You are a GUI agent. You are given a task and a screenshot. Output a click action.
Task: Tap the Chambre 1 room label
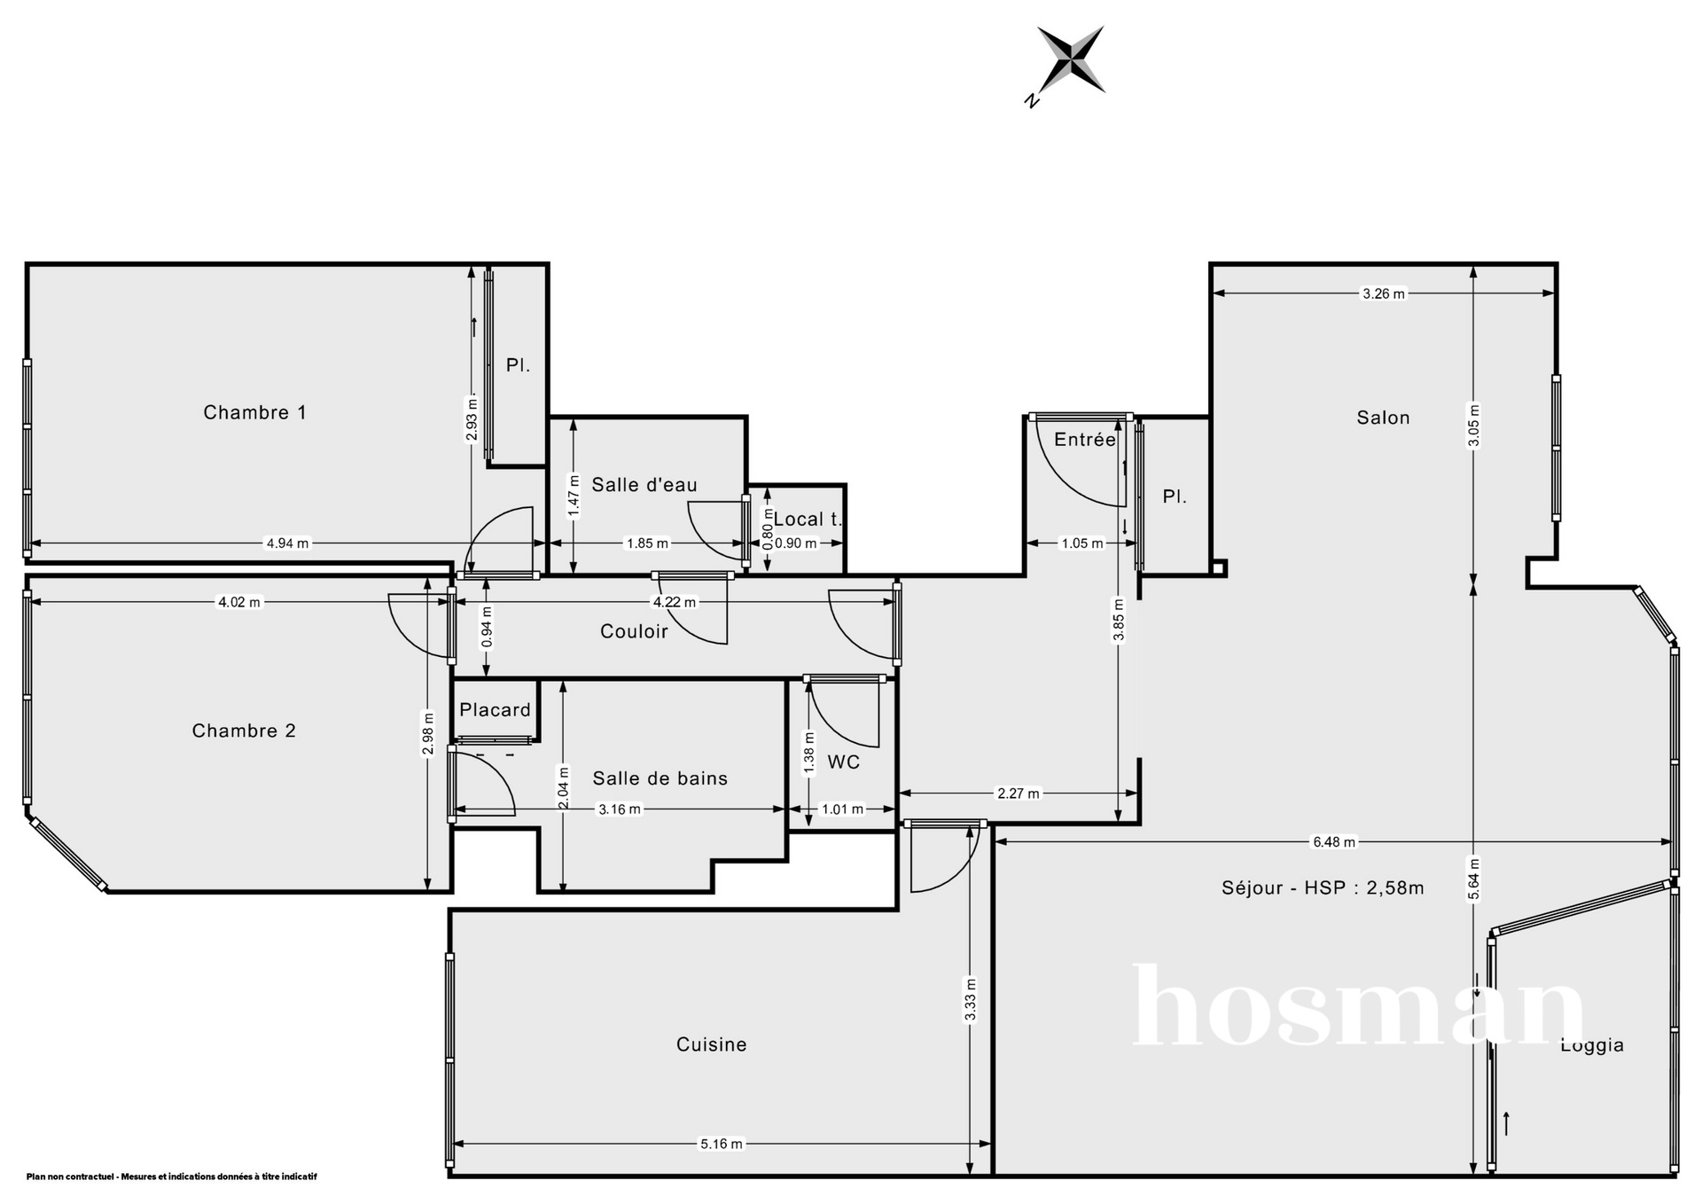click(x=255, y=412)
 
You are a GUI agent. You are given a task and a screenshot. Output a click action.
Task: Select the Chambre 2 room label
click(x=244, y=731)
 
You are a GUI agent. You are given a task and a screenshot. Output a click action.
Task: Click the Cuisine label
click(x=712, y=1044)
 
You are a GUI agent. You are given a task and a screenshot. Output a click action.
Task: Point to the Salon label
click(x=1383, y=418)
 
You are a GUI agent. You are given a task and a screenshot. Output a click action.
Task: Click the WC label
click(x=844, y=762)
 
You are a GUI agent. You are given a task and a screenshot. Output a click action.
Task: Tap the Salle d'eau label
click(x=644, y=485)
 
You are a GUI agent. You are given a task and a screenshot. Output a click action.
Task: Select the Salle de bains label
click(x=660, y=778)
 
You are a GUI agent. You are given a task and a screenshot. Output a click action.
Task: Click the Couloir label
click(x=634, y=631)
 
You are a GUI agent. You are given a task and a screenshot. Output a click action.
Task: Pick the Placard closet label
click(x=496, y=710)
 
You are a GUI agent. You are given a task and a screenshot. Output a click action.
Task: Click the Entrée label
click(x=1085, y=440)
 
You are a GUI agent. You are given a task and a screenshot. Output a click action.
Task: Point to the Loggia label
click(x=1592, y=1045)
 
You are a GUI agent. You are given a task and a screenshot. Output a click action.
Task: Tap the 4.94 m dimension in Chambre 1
click(x=288, y=543)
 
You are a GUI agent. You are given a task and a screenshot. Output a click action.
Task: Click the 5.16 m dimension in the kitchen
click(x=722, y=1144)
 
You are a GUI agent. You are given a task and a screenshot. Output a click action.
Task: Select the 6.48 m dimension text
click(x=1334, y=842)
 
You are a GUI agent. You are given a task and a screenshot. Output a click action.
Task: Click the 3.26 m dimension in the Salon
click(x=1384, y=294)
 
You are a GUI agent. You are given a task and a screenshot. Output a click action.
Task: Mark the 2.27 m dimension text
click(x=1019, y=794)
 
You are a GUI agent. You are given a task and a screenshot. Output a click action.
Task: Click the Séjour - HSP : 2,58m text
click(x=1323, y=887)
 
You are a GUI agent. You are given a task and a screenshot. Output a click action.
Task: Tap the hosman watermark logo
click(x=1359, y=1006)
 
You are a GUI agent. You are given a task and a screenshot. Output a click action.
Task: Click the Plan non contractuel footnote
click(x=172, y=1177)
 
